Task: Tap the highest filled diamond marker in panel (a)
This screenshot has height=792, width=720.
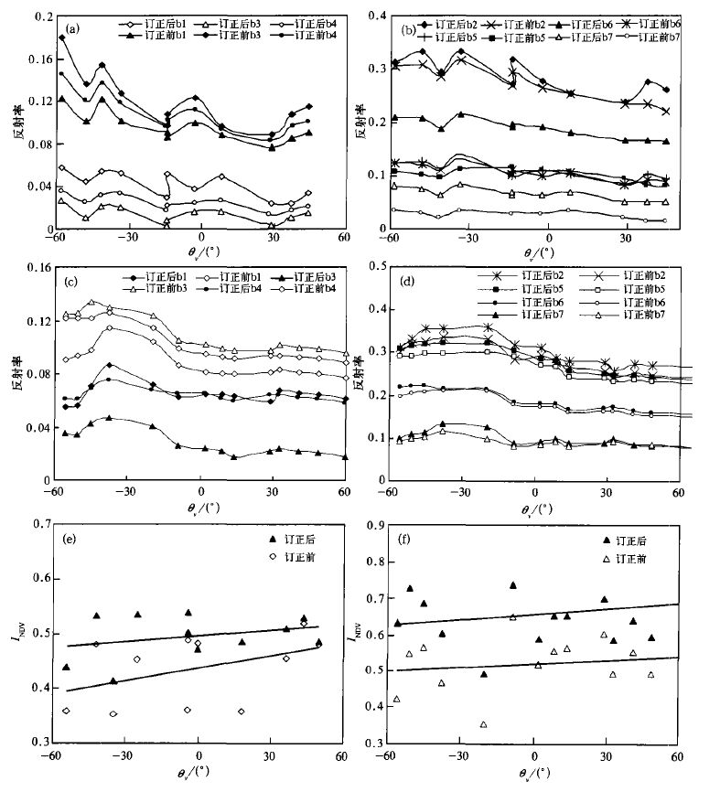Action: [62, 37]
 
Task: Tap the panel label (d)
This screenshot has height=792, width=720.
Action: [409, 279]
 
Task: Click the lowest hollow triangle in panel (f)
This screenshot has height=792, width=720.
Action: [484, 724]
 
